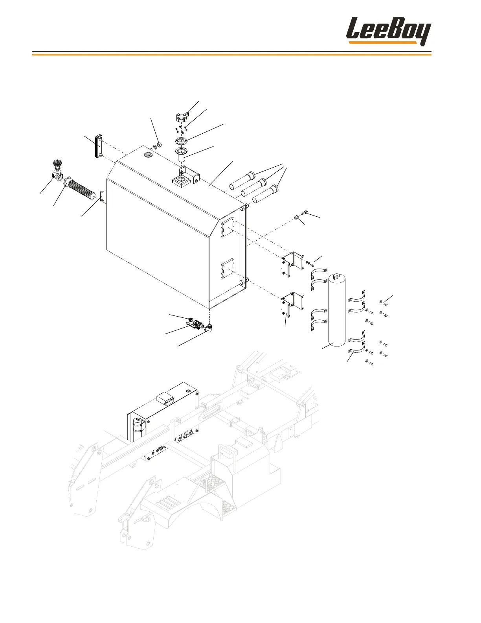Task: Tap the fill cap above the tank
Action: (182, 117)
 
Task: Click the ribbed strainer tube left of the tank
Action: (81, 189)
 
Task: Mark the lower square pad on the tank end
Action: (228, 268)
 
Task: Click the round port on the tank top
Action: (149, 155)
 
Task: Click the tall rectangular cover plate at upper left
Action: (98, 146)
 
